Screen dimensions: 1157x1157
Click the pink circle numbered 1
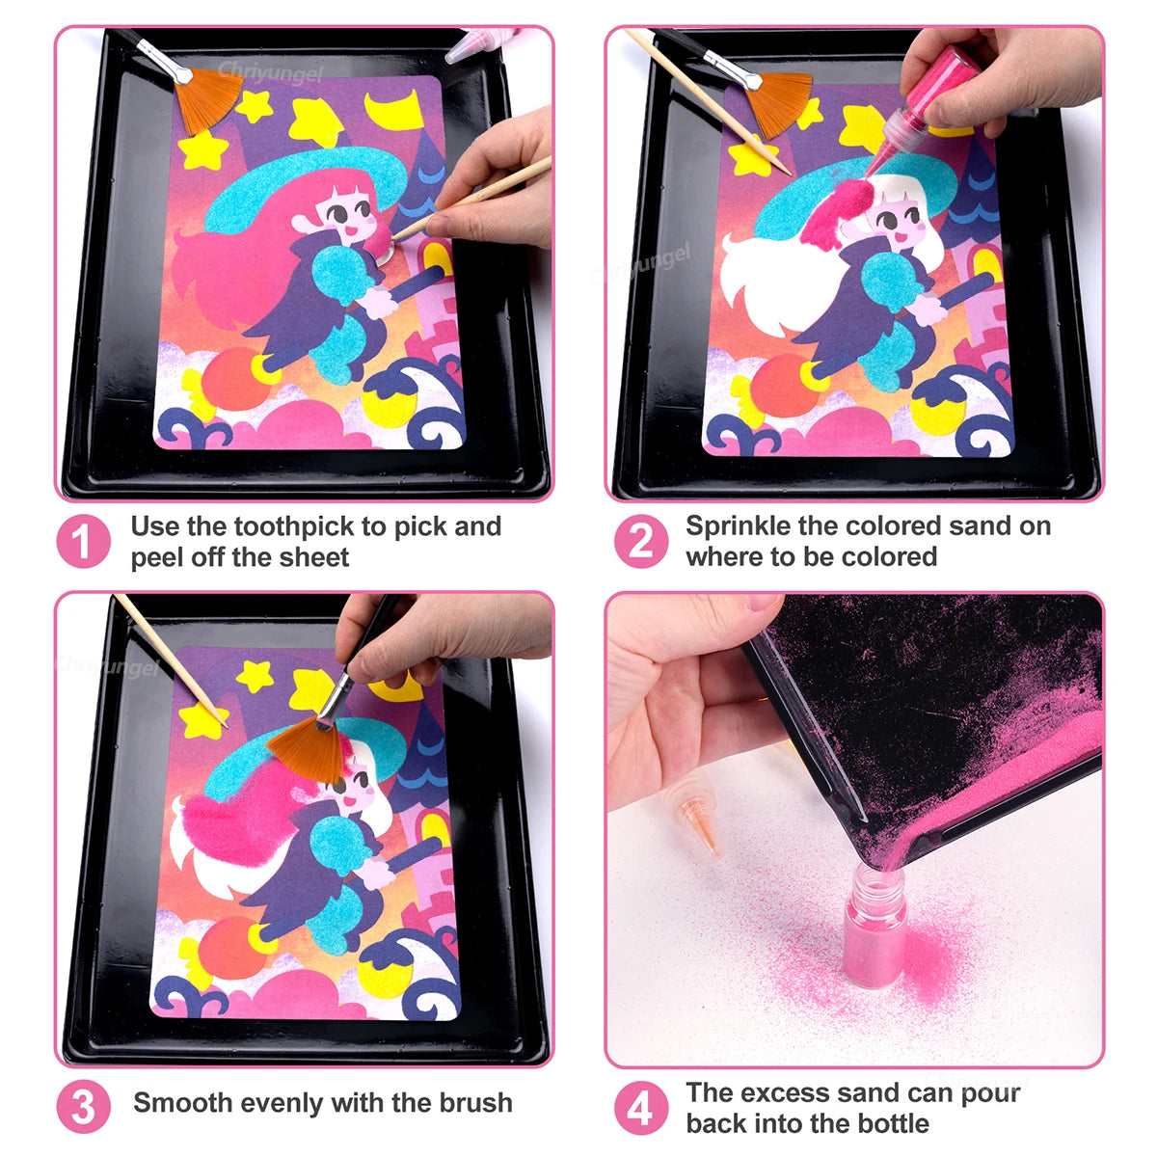(x=83, y=542)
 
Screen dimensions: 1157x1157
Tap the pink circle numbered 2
(x=640, y=542)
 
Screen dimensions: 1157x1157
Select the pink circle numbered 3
(x=83, y=1108)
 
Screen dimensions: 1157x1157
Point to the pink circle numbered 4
(x=640, y=1108)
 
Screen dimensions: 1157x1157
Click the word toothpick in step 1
(x=295, y=527)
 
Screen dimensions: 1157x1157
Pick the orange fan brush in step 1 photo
(x=210, y=93)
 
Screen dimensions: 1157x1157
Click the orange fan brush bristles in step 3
(x=307, y=747)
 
